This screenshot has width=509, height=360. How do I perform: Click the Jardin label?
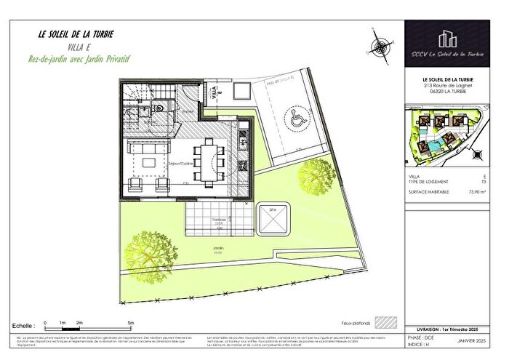219,249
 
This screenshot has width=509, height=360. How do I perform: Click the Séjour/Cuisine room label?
180,164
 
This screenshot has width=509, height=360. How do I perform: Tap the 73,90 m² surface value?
477,191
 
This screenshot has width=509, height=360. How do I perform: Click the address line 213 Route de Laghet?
447,86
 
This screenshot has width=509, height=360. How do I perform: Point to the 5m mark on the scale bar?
131,322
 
